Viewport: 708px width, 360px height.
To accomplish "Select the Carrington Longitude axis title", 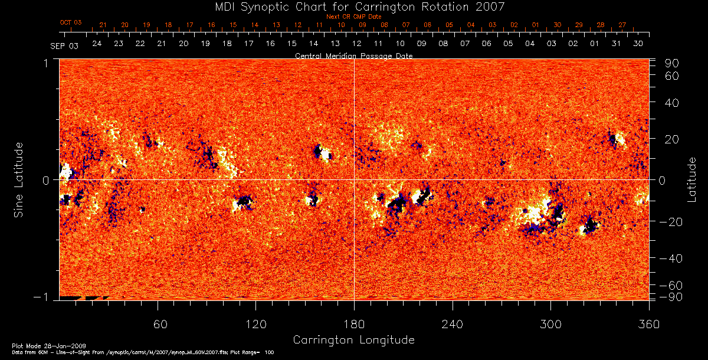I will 353,340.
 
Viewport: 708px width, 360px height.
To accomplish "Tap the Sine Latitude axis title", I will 19,179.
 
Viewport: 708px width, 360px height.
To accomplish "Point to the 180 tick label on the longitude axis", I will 354,325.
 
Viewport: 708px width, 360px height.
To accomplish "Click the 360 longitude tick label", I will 648,325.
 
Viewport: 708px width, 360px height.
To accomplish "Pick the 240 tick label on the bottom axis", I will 452,325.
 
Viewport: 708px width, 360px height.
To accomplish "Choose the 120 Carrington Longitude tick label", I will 256,325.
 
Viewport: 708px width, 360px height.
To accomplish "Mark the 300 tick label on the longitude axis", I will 550,325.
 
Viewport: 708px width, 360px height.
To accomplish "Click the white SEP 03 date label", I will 64,45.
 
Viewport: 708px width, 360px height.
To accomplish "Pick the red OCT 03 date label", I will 71,22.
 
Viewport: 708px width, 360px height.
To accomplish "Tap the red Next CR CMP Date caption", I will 354,17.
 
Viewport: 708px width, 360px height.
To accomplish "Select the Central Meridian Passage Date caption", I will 353,55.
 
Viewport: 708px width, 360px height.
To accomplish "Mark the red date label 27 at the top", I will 622,25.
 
